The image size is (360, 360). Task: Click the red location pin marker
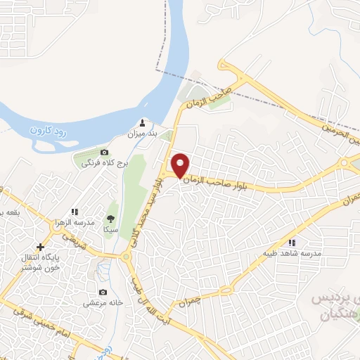pos(181,165)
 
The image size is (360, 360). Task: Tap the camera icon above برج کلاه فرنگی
pos(105,152)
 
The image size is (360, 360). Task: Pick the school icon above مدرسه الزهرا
pos(75,211)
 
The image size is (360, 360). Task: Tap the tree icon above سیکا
pos(110,217)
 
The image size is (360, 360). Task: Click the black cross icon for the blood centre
pos(40,247)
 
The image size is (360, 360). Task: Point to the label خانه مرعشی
pos(104,304)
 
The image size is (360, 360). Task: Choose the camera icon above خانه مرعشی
pos(103,292)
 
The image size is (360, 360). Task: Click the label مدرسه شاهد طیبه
pos(292,253)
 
